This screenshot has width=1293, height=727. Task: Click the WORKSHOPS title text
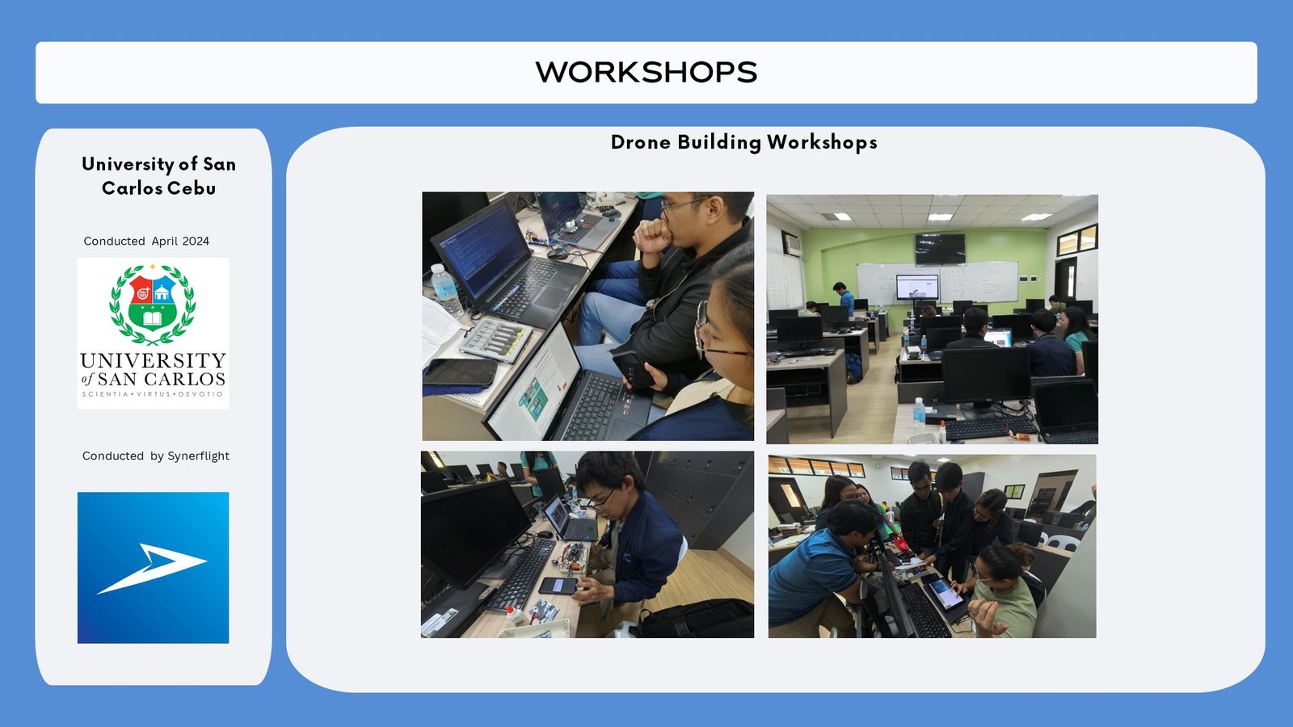646,73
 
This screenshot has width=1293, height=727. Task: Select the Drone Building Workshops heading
744,142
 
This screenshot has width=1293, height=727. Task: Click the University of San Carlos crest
153,304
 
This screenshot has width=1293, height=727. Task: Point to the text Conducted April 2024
146,242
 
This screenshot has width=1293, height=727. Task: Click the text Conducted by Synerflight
156,456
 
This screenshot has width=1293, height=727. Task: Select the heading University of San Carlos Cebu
158,176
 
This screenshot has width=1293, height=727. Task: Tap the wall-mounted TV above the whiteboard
940,249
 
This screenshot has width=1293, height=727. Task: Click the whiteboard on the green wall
937,282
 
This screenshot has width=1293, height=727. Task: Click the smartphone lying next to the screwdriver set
460,372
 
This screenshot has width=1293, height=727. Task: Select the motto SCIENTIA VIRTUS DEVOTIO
153,394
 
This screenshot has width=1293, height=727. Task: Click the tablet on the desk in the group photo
946,597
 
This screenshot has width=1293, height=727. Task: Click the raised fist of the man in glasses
653,235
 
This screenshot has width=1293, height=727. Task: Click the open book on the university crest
152,318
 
